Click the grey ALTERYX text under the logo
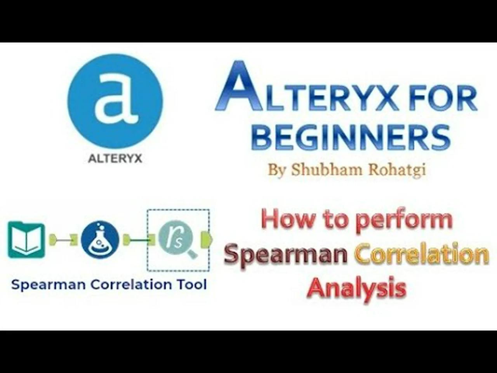point(115,159)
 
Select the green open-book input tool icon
point(26,239)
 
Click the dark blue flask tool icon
point(100,239)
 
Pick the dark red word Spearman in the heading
point(285,255)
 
